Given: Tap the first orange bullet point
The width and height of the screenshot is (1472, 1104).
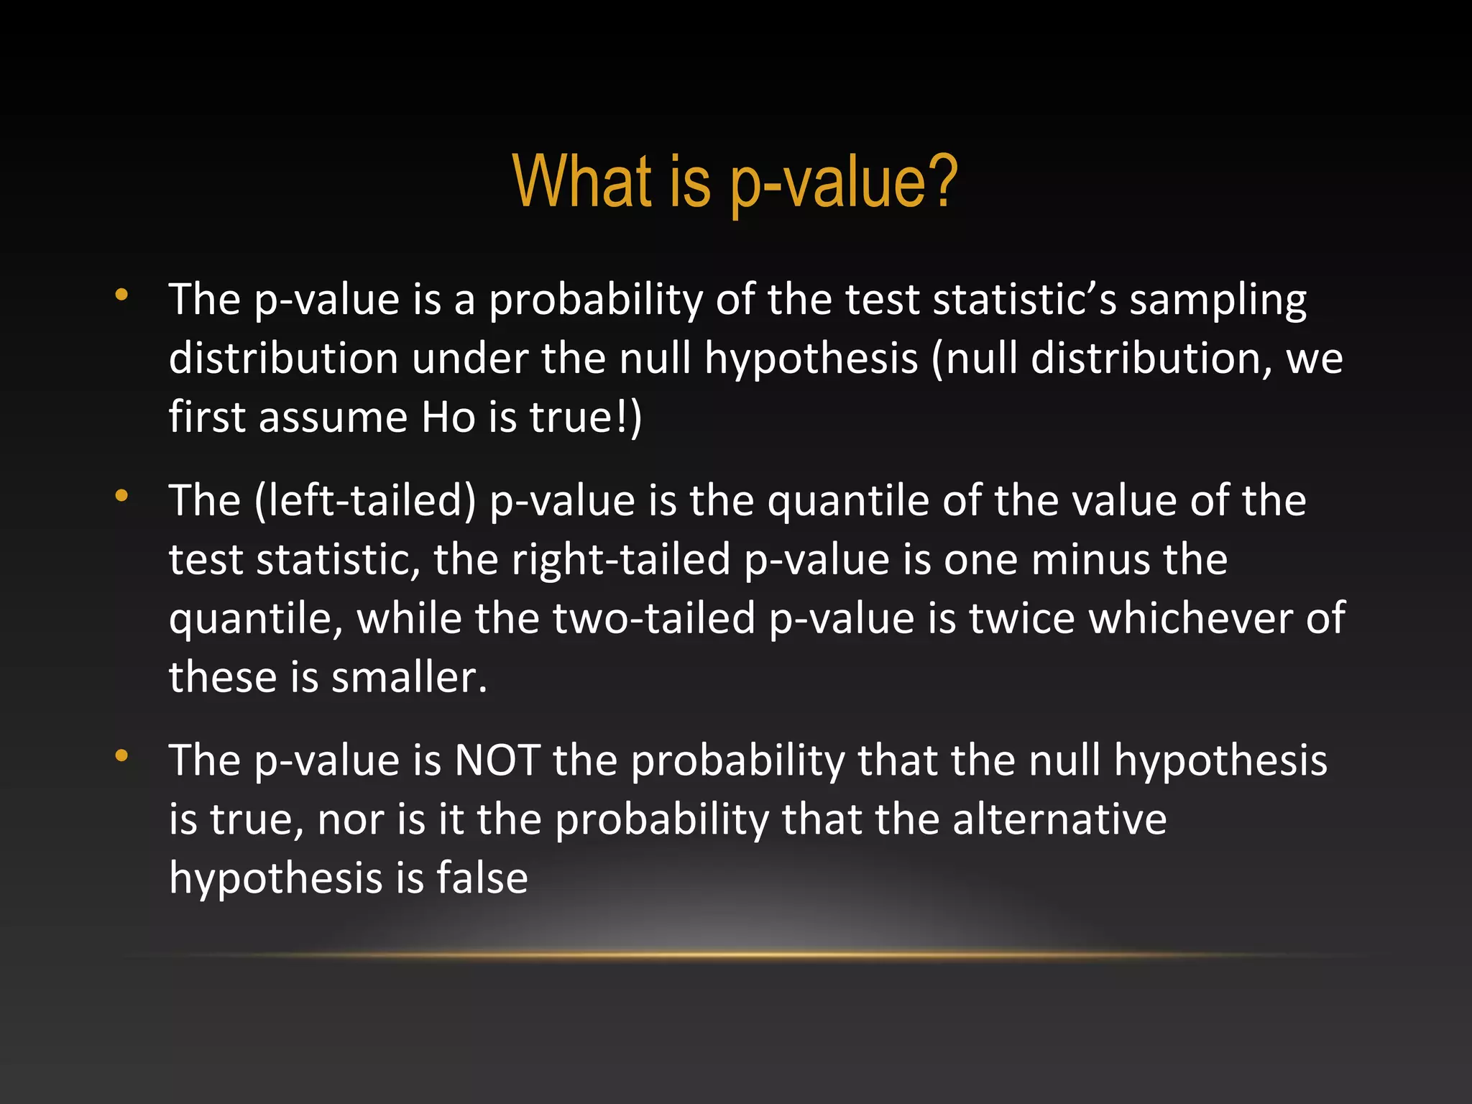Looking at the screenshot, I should click(121, 295).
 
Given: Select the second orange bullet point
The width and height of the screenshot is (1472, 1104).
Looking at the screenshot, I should click(121, 495).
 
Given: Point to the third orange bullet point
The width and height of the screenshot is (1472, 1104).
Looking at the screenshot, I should click(121, 755).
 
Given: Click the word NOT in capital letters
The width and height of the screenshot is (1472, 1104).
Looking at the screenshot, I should click(497, 760).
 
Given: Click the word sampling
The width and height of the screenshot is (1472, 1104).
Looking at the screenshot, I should click(1218, 300).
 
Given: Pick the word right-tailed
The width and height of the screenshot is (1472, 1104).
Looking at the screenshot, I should click(621, 559).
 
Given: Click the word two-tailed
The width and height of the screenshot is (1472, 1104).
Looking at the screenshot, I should click(653, 618).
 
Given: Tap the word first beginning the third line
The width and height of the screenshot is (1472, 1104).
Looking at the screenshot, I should click(208, 417).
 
